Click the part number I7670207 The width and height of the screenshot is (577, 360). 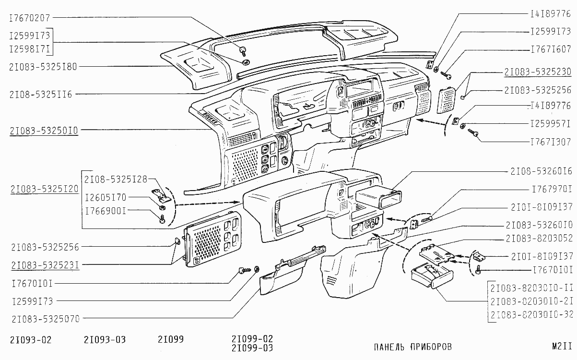click(30, 18)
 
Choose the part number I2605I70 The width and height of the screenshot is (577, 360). click(105, 197)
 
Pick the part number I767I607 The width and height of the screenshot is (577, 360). click(550, 49)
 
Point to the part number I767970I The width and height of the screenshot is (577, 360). click(552, 189)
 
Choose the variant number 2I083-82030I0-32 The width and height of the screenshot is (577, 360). click(532, 314)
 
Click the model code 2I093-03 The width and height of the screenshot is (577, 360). click(104, 340)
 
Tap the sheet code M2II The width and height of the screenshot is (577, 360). click(561, 346)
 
